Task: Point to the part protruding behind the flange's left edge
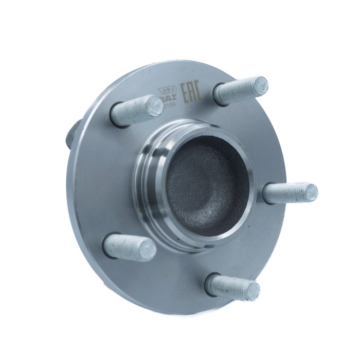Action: pyautogui.click(x=72, y=135)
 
